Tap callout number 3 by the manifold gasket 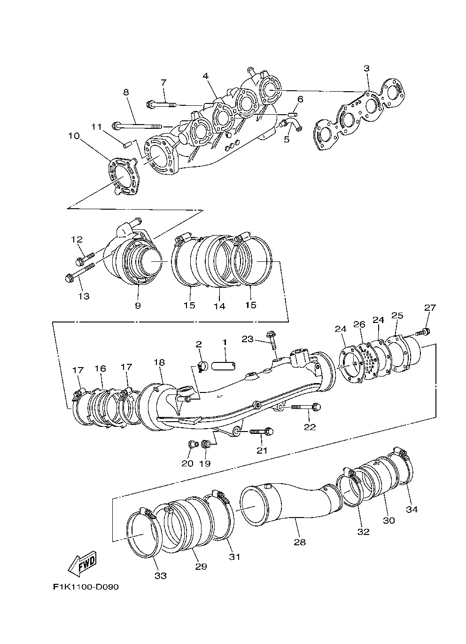pyautogui.click(x=366, y=69)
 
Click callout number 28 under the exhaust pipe pyautogui.click(x=300, y=542)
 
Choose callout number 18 pyautogui.click(x=159, y=362)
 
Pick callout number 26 pyautogui.click(x=359, y=324)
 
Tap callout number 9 pyautogui.click(x=138, y=306)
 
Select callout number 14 pyautogui.click(x=219, y=306)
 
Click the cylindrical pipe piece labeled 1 pyautogui.click(x=224, y=366)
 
